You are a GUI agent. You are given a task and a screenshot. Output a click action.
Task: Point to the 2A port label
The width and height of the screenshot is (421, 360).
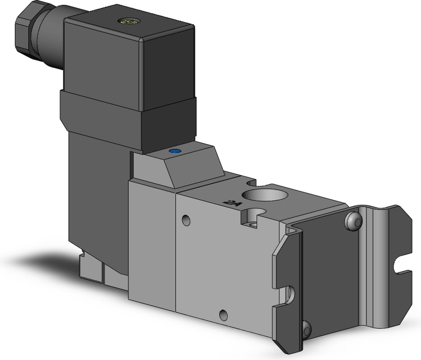click(x=230, y=201)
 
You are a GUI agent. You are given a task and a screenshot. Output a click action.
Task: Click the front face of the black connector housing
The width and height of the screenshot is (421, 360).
click(x=168, y=68)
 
